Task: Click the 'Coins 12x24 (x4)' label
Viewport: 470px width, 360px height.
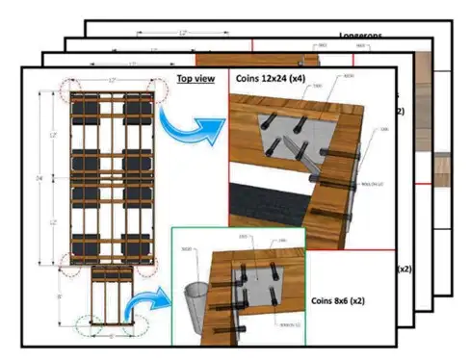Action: [274, 77]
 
